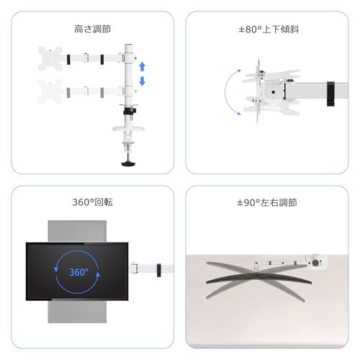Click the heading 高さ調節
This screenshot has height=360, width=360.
point(92,29)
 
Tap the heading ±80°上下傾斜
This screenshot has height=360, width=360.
point(269,30)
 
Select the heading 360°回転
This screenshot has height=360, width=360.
point(92,202)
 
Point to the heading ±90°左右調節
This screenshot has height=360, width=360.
point(266,202)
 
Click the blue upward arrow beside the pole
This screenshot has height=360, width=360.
point(143,66)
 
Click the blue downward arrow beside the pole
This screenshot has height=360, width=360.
point(143,81)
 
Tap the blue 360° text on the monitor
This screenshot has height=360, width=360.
point(78,272)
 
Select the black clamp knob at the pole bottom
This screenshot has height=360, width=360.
point(128,164)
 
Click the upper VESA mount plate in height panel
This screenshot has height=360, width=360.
point(50,58)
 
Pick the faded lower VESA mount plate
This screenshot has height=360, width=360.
point(50,91)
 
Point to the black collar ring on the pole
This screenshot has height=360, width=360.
point(130,111)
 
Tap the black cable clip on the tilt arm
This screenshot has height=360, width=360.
point(330,94)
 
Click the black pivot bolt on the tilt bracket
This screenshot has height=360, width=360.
point(273,92)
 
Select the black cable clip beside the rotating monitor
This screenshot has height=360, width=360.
point(159,270)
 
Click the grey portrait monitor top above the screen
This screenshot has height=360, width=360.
point(77,231)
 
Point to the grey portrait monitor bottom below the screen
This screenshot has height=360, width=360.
point(77,312)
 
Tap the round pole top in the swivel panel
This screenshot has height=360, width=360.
point(315,263)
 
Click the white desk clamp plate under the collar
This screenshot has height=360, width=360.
point(128,128)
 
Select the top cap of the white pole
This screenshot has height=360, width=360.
point(129,45)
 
